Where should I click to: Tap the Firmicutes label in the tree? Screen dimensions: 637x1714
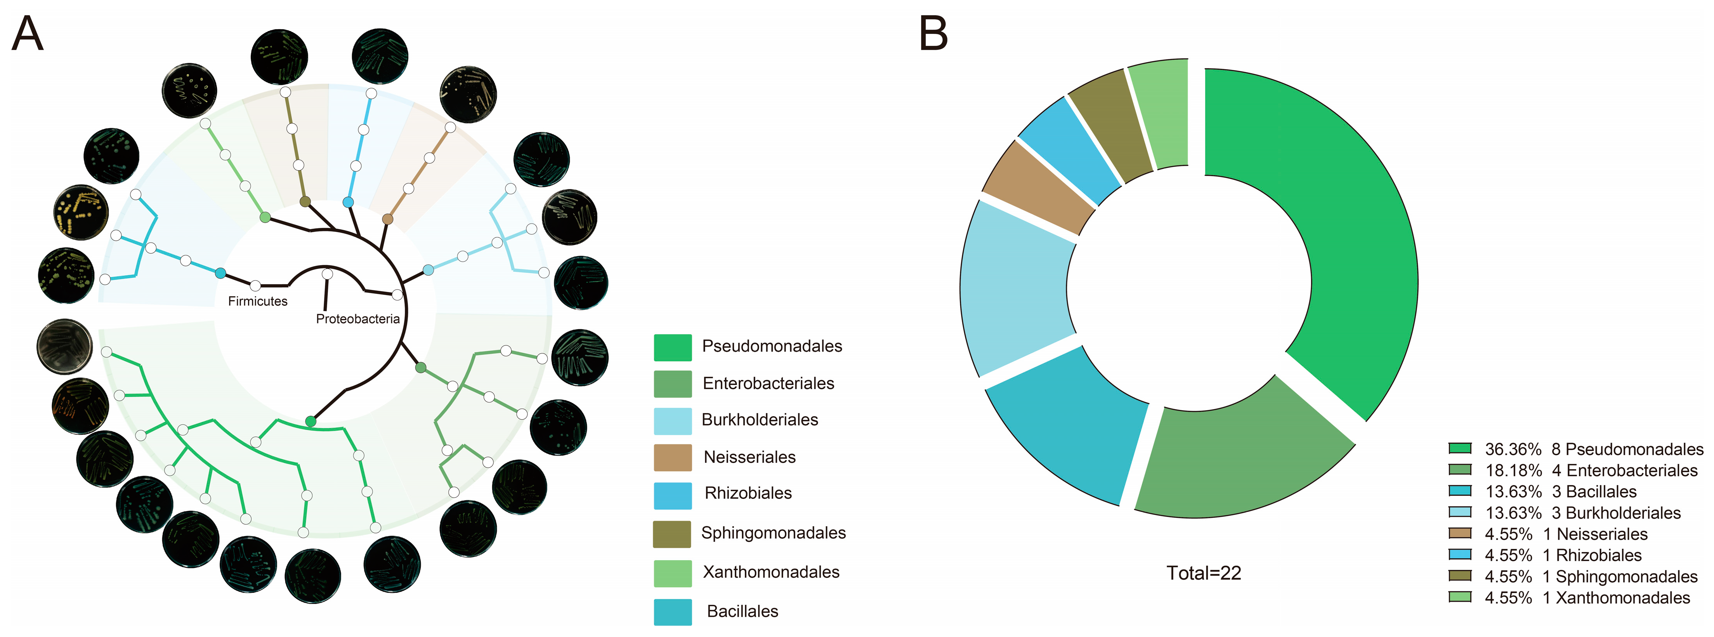point(257,302)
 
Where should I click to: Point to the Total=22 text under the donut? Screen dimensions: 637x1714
point(1204,573)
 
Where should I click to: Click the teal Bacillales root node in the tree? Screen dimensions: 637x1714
point(220,273)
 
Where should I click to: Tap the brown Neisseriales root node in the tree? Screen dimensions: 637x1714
point(387,219)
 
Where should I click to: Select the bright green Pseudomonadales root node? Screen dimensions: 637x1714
point(310,421)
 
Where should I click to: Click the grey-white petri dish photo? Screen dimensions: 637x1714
point(64,346)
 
